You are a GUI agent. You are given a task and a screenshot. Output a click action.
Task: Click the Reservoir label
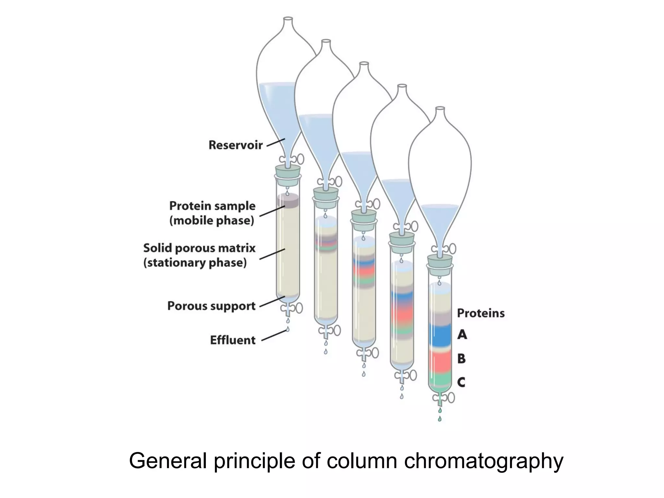[235, 145]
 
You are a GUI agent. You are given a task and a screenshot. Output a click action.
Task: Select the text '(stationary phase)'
[195, 263]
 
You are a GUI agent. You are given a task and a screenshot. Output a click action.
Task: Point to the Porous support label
[211, 306]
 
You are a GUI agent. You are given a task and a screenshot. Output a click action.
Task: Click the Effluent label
[233, 340]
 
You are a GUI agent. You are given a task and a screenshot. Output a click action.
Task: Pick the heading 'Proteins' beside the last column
[480, 313]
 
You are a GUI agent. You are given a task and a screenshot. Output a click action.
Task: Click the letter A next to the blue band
[462, 334]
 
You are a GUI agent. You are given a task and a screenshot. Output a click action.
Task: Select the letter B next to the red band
[461, 359]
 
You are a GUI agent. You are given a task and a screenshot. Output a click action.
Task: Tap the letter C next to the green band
[461, 382]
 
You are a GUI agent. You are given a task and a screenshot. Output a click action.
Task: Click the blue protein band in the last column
[440, 336]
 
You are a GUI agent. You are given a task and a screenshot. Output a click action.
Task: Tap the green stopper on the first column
[288, 172]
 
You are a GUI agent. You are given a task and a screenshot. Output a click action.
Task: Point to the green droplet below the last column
[440, 419]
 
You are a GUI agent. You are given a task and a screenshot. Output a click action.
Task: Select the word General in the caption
[168, 461]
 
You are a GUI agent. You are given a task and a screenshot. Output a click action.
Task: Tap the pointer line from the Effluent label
[274, 335]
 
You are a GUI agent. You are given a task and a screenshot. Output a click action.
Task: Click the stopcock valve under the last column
[446, 398]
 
